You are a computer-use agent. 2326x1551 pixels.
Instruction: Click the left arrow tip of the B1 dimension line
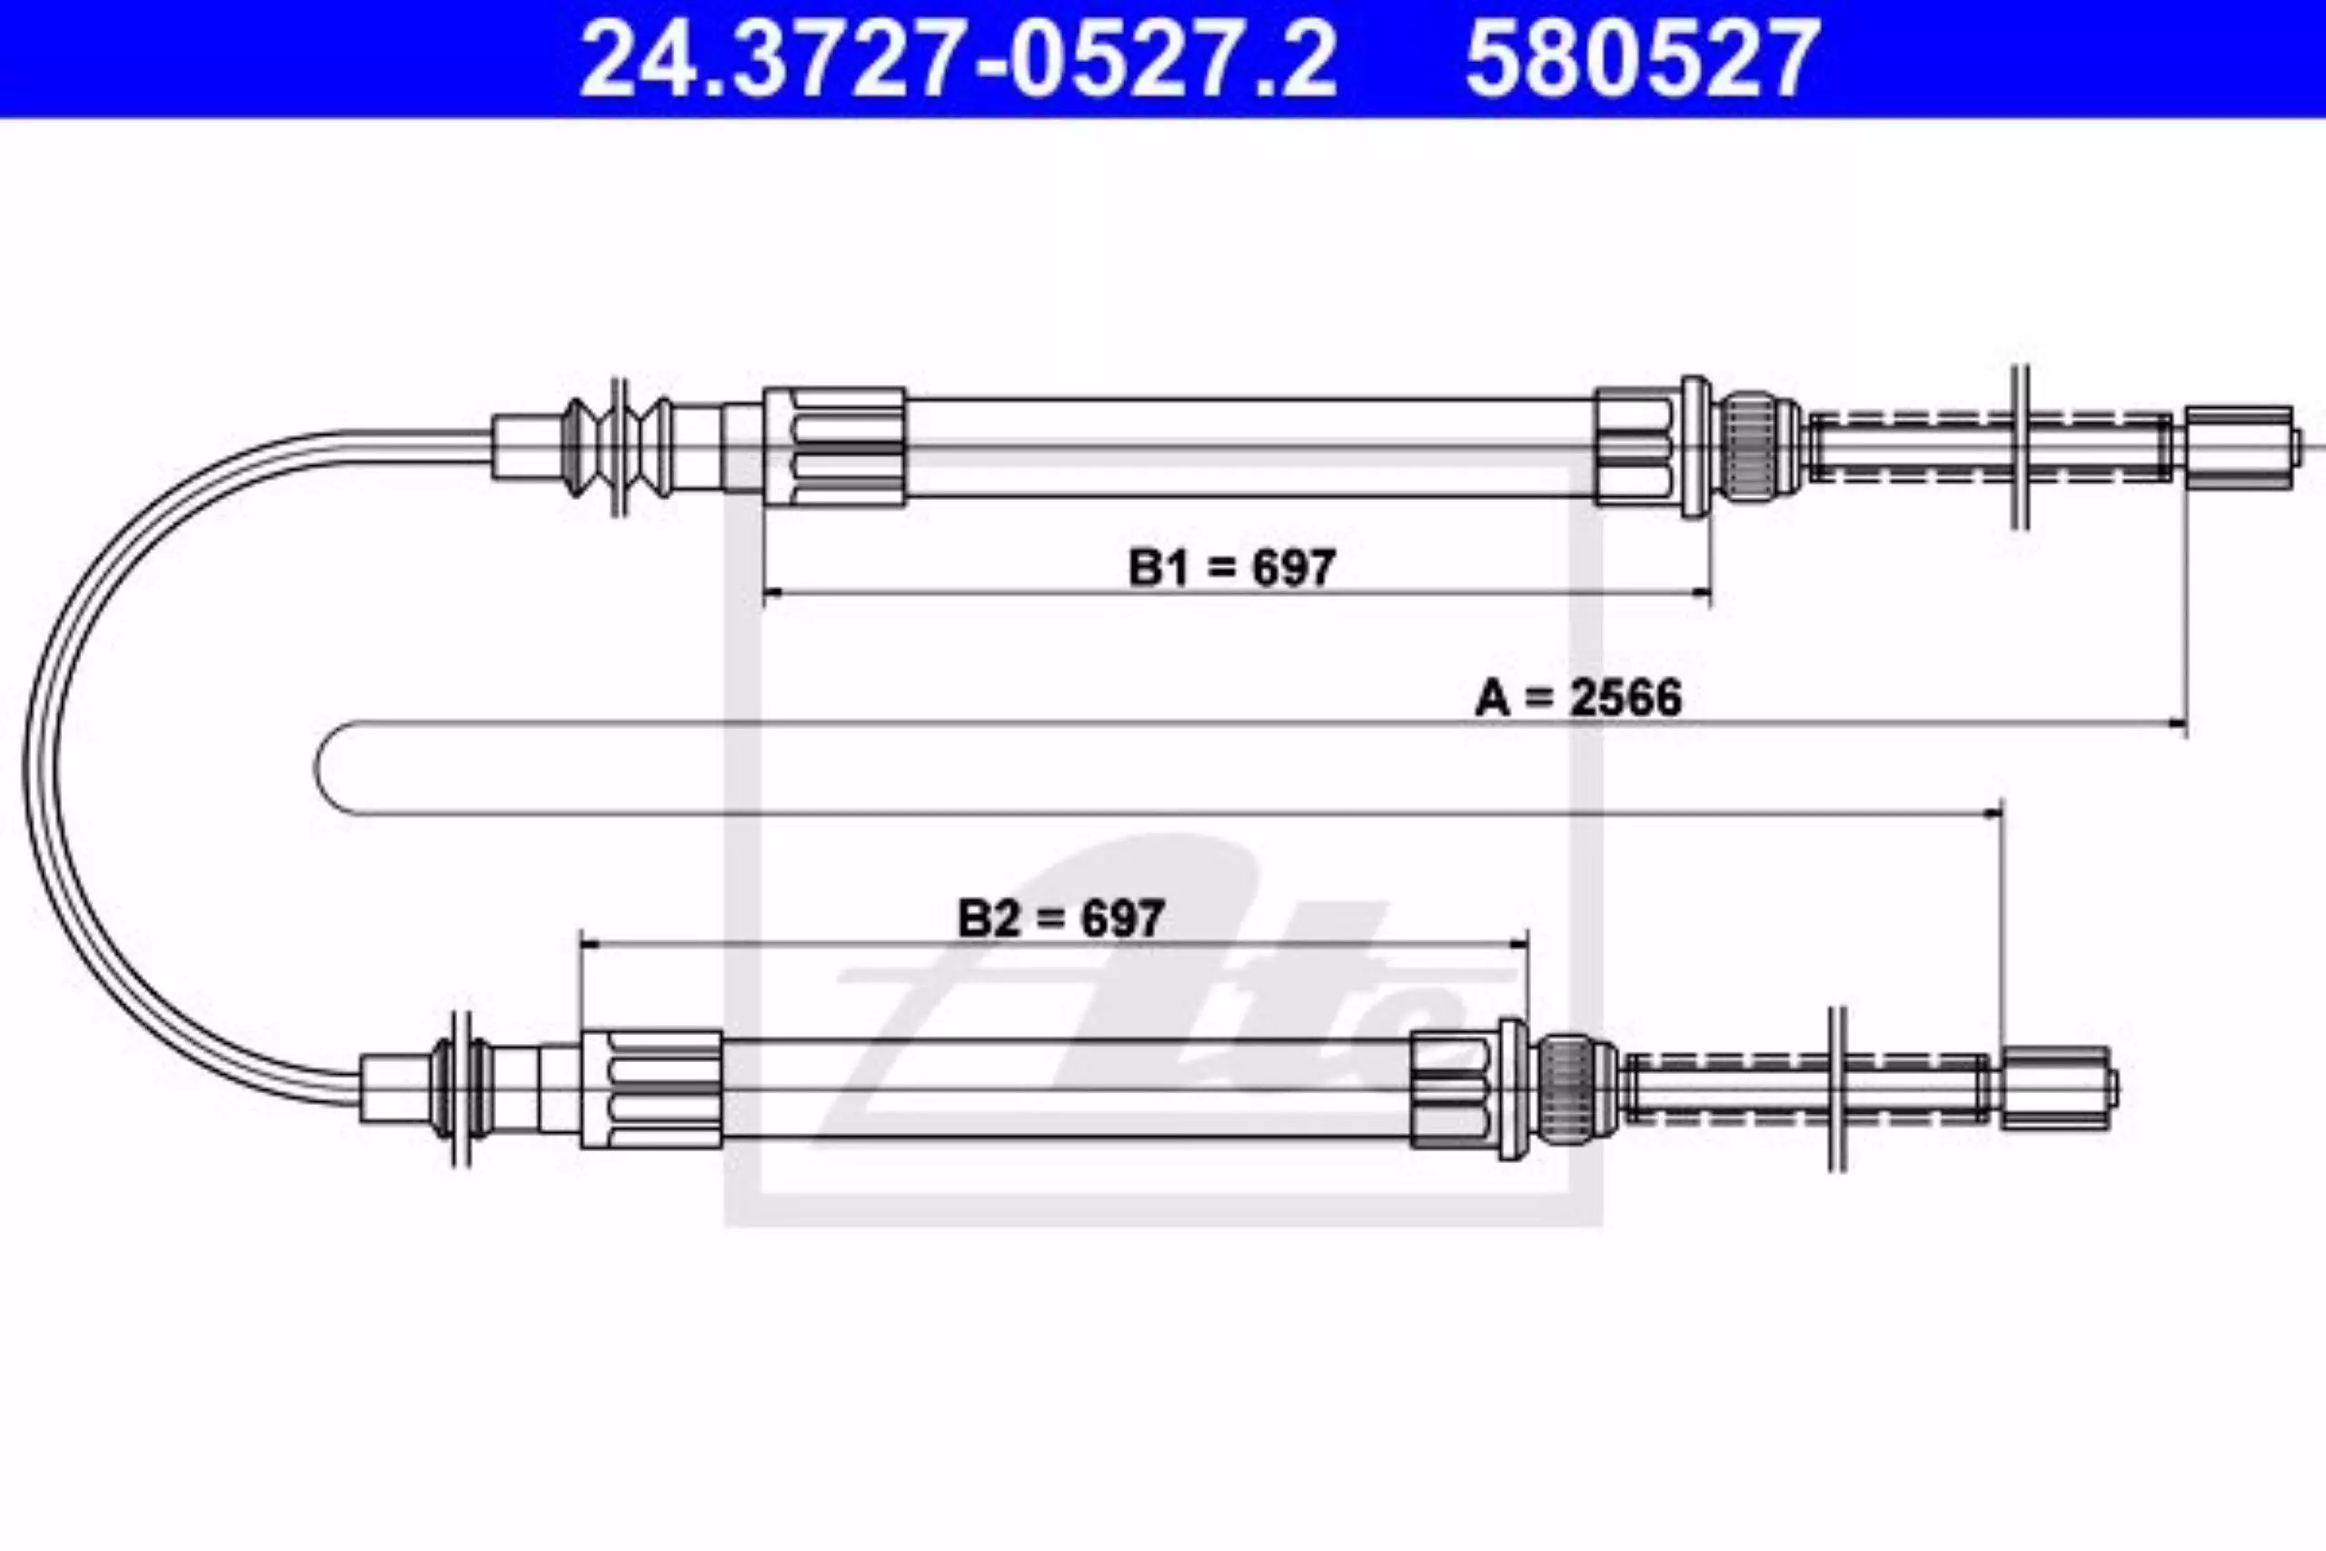point(765,593)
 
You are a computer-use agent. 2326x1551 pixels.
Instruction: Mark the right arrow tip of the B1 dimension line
point(1711,593)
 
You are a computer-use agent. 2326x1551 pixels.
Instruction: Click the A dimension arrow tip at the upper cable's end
point(2185,725)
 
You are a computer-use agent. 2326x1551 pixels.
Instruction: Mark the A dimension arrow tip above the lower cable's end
point(2002,814)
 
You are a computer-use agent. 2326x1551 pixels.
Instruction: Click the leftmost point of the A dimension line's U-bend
point(316,770)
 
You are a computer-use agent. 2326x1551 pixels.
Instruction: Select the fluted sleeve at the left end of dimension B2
point(651,1089)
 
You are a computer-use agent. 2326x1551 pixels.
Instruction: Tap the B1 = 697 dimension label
point(1232,567)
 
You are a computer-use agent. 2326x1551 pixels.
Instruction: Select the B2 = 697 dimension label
point(1060,918)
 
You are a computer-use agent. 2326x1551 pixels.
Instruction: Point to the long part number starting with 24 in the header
point(959,60)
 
